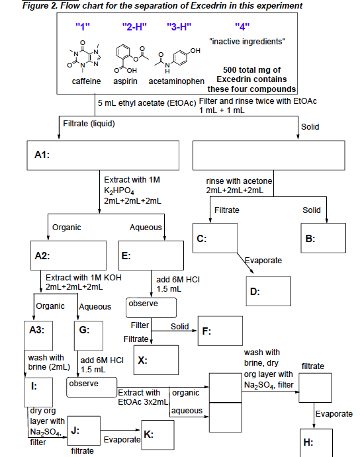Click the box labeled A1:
click(x=103, y=155)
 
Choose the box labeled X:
click(x=156, y=361)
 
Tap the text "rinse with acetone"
click(x=239, y=181)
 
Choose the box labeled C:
click(x=216, y=242)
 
